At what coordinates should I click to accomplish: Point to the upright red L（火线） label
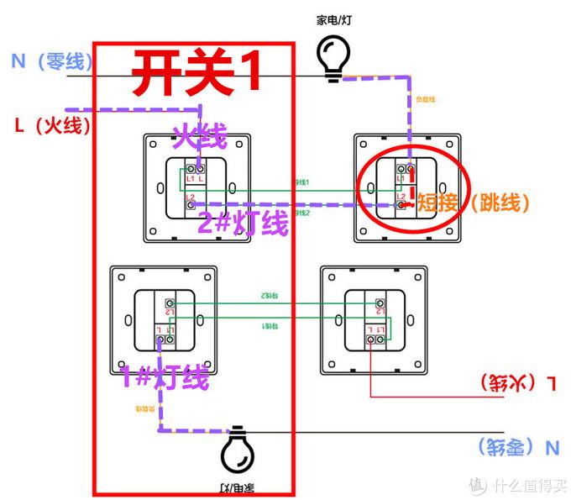click(50, 126)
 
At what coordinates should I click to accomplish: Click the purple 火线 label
click(200, 135)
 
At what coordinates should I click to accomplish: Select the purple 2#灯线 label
click(243, 223)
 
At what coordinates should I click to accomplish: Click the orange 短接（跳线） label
click(474, 202)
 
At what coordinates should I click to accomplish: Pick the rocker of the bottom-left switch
click(165, 319)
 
